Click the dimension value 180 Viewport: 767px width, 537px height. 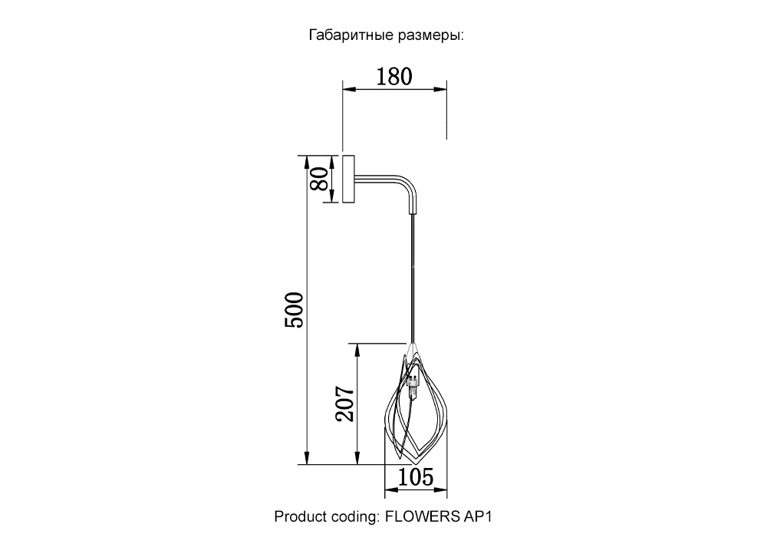(394, 77)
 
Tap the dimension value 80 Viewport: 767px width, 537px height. (320, 179)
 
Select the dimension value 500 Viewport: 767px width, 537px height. (294, 310)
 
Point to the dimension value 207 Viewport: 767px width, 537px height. (344, 404)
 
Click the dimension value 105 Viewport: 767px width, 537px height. (416, 477)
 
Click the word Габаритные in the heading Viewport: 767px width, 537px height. (351, 35)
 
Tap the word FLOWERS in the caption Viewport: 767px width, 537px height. (422, 516)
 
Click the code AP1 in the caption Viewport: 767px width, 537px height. (476, 516)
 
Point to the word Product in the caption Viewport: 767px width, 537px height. (300, 516)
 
